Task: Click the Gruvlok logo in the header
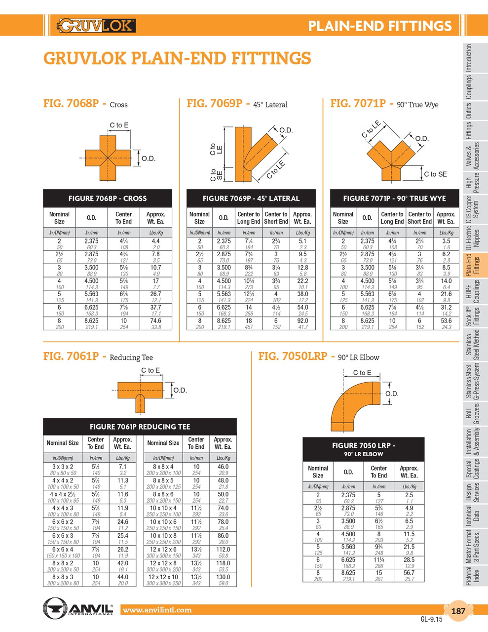96,25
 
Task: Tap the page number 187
458,611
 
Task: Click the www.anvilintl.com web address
157,610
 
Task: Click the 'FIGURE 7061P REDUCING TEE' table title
140,427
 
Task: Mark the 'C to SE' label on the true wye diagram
435,174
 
